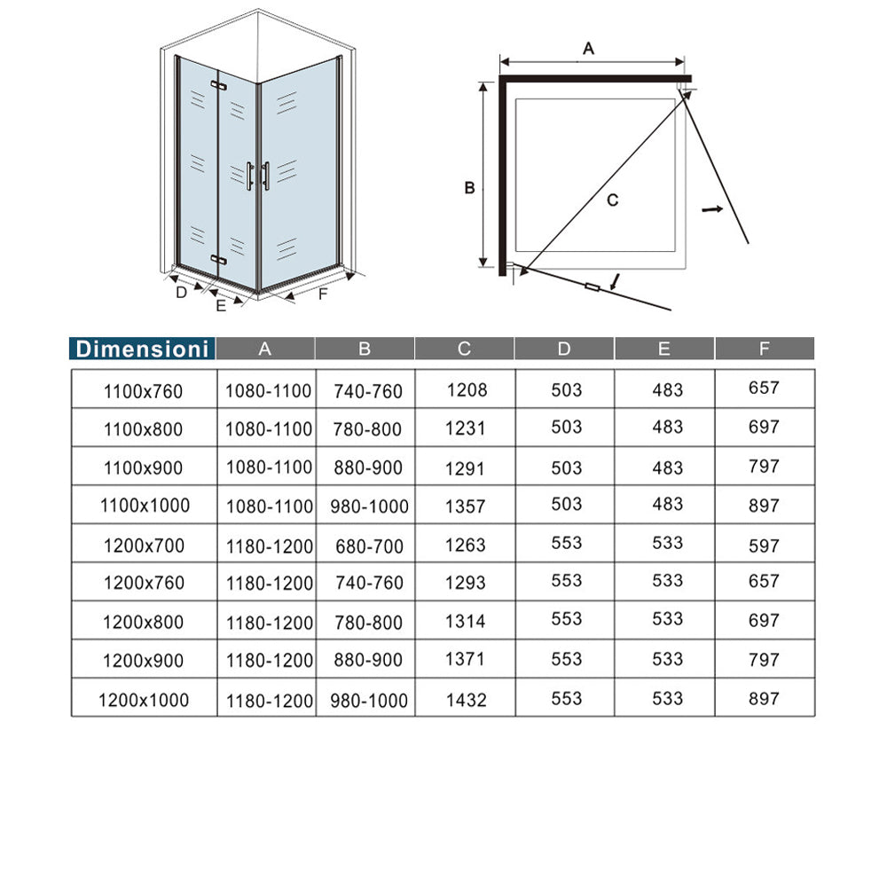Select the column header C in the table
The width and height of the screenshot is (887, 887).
pyautogui.click(x=464, y=349)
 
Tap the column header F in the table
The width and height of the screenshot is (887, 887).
pyautogui.click(x=764, y=349)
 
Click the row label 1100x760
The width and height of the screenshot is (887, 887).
pyautogui.click(x=143, y=390)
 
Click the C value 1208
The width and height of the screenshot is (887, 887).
pyautogui.click(x=466, y=389)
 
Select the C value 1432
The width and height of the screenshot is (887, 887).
pyautogui.click(x=466, y=700)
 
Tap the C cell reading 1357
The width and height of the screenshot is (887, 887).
pyautogui.click(x=466, y=506)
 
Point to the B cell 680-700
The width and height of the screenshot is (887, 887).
pyautogui.click(x=369, y=546)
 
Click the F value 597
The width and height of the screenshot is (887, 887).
pyautogui.click(x=764, y=545)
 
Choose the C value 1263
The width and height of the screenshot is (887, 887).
pyautogui.click(x=466, y=545)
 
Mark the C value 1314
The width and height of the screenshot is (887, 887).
pyautogui.click(x=466, y=622)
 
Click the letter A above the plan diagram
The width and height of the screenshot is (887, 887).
pyautogui.click(x=588, y=50)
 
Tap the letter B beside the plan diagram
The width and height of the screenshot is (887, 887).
pyautogui.click(x=471, y=188)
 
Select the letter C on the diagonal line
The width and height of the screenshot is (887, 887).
pyautogui.click(x=612, y=200)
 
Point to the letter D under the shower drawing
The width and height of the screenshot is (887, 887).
pyautogui.click(x=182, y=292)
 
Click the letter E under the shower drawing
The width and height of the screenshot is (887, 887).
pyautogui.click(x=221, y=306)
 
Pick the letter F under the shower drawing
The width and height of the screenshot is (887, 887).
pyautogui.click(x=323, y=294)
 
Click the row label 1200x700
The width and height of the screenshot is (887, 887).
pyautogui.click(x=143, y=545)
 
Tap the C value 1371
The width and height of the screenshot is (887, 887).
pyautogui.click(x=466, y=661)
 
